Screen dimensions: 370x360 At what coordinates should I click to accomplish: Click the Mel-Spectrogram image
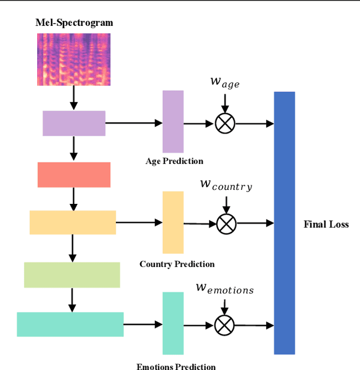coord(74,59)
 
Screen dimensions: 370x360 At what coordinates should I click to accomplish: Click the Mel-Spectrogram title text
coord(74,23)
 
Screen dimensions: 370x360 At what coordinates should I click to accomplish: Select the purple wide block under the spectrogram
coord(74,123)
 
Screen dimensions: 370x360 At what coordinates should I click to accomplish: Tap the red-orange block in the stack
coord(74,175)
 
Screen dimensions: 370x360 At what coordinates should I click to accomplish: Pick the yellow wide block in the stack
coord(73,222)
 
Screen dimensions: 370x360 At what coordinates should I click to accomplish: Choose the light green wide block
coord(72,275)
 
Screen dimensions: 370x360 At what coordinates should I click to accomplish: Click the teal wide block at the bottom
coord(70,324)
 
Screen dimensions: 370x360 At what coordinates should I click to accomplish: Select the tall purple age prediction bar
coord(173,121)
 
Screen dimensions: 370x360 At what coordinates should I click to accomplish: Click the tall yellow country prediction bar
coord(173,222)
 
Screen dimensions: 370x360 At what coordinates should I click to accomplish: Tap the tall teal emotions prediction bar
coord(173,323)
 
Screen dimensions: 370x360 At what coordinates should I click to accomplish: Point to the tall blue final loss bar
coord(285,223)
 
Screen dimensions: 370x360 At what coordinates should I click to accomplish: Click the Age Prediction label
coord(174,161)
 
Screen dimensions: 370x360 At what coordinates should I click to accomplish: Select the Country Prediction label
coord(177,264)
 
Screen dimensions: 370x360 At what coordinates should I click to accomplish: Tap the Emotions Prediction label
coord(176,367)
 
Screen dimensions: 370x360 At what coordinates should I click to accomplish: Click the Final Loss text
coord(326,224)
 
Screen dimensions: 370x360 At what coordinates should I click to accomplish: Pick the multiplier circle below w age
coord(224,123)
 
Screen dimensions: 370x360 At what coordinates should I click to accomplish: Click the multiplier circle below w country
coord(226,224)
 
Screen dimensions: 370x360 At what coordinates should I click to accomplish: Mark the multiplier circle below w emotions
coord(224,325)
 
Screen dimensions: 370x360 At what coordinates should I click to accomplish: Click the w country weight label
coord(226,185)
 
